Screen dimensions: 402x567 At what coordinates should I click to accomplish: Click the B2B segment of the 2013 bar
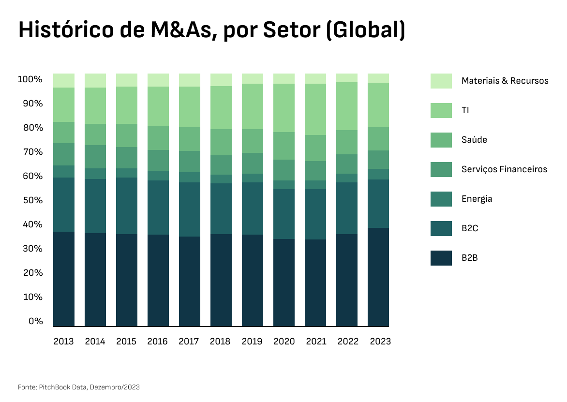(x=64, y=279)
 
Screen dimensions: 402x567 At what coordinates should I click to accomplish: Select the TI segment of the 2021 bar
(x=315, y=109)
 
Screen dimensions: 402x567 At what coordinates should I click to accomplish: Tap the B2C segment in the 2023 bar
(x=378, y=203)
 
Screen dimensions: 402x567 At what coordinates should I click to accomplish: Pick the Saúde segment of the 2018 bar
(x=221, y=142)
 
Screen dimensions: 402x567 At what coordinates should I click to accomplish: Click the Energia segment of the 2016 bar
(x=158, y=176)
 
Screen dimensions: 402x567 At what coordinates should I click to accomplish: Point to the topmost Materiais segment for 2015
(x=127, y=80)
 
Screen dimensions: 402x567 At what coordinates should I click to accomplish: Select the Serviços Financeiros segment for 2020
(x=284, y=170)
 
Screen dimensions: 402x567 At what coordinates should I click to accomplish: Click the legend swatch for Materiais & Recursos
(x=441, y=81)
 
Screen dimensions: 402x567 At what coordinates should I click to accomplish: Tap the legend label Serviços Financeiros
(x=504, y=169)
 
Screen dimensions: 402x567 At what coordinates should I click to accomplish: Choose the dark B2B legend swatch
(x=441, y=258)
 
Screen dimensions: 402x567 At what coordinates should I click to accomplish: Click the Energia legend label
(x=477, y=199)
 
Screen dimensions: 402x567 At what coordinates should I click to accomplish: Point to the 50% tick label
(x=30, y=200)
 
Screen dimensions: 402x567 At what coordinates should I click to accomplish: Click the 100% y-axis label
(x=30, y=79)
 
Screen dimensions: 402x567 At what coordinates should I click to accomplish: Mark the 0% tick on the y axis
(x=36, y=321)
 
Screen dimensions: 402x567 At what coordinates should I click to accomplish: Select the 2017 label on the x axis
(x=189, y=342)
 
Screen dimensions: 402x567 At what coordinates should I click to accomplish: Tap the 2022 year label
(x=348, y=342)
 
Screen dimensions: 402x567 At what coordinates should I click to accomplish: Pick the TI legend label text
(x=465, y=110)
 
